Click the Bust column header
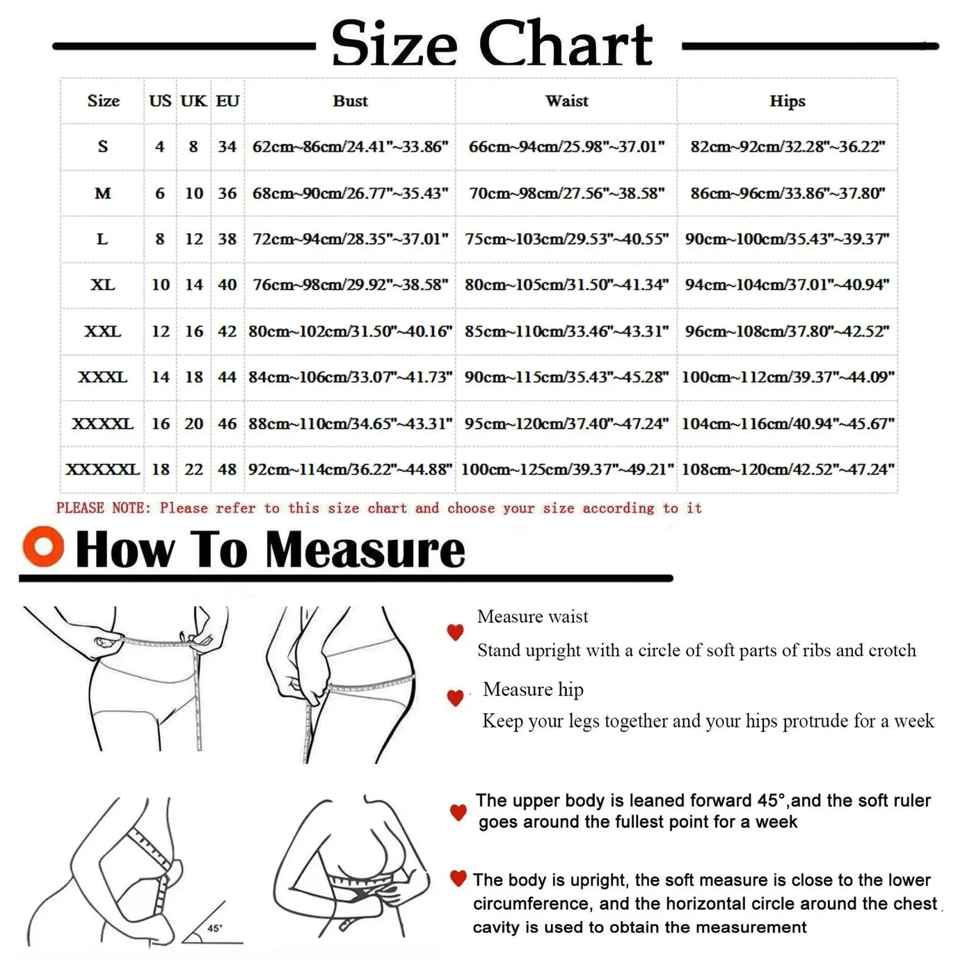350,101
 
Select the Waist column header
566,101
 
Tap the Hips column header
787,101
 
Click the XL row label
102,285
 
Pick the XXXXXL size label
102,470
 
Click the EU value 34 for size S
227,147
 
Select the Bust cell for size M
350,193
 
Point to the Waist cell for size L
566,239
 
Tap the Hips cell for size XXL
787,331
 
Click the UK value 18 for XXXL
193,377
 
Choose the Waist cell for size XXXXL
566,423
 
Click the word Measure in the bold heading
365,550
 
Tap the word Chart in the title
566,44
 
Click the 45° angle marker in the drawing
214,928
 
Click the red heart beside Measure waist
455,632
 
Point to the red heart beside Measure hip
455,697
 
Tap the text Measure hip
533,689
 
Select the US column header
160,101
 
